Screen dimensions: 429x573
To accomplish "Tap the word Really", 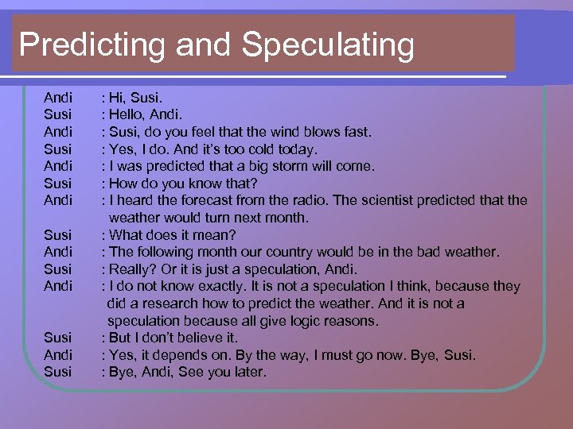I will point(133,269).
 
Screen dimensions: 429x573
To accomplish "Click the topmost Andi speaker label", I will point(58,98).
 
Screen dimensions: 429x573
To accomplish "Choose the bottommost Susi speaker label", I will point(57,372).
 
